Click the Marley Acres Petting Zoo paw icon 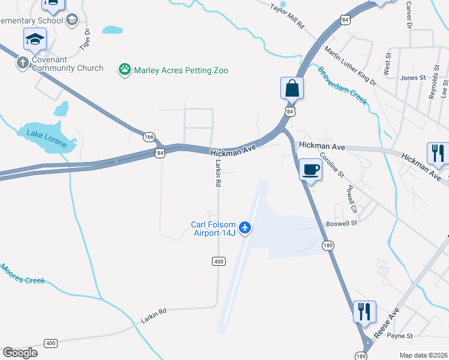coord(125,70)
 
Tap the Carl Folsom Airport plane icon coord(244,227)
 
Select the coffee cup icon coord(310,170)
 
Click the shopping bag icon coord(292,88)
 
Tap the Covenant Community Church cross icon coord(23,63)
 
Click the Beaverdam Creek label coord(342,86)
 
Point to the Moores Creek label coord(22,274)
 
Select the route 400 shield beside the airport coord(218,262)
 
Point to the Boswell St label coord(342,223)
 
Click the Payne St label coord(400,336)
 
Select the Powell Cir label coord(352,200)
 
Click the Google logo coord(20,353)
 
